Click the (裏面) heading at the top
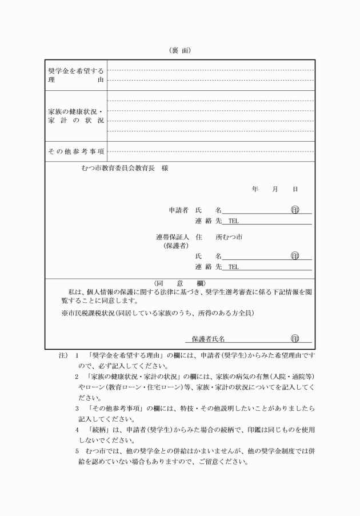(180, 50)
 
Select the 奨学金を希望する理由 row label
(76, 75)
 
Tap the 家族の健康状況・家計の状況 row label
(76, 116)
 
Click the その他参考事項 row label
(76, 151)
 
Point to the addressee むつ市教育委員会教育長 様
(125, 169)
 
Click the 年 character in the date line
(255, 189)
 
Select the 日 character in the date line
(295, 189)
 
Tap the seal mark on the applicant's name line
(295, 210)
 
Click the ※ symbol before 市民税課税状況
(65, 313)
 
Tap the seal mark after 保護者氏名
(295, 339)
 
